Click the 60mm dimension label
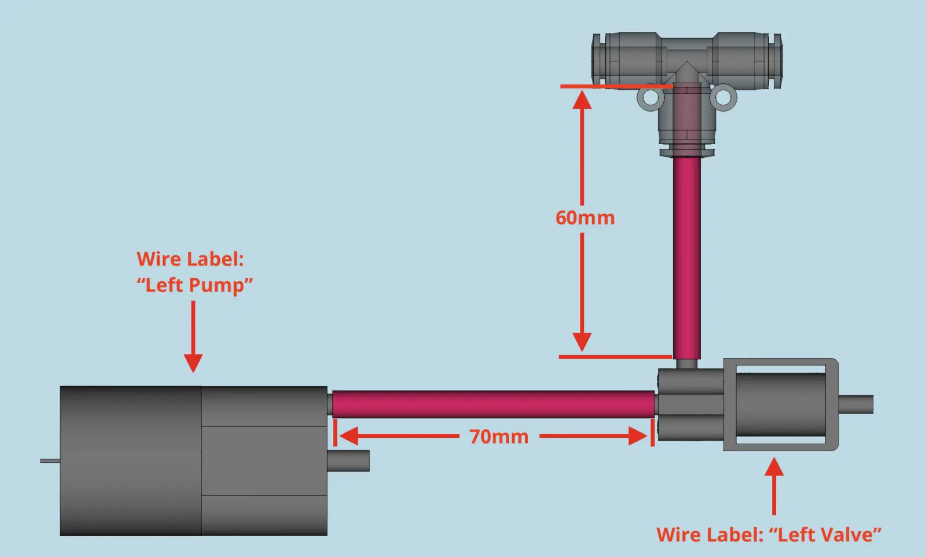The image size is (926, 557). pyautogui.click(x=585, y=217)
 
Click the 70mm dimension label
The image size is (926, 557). pyautogui.click(x=499, y=437)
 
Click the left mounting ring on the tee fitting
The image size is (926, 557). pyautogui.click(x=651, y=97)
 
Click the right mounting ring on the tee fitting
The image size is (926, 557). pyautogui.click(x=723, y=97)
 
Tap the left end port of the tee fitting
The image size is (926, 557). pyautogui.click(x=600, y=61)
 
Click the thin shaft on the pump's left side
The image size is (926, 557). pyautogui.click(x=50, y=461)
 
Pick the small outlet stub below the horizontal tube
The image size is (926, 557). pyautogui.click(x=348, y=461)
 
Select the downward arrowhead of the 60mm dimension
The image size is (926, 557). pyautogui.click(x=582, y=341)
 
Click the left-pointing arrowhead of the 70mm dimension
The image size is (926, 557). pyautogui.click(x=348, y=436)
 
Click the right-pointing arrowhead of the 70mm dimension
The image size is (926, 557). pyautogui.click(x=637, y=436)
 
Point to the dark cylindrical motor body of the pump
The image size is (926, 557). pyautogui.click(x=131, y=461)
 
